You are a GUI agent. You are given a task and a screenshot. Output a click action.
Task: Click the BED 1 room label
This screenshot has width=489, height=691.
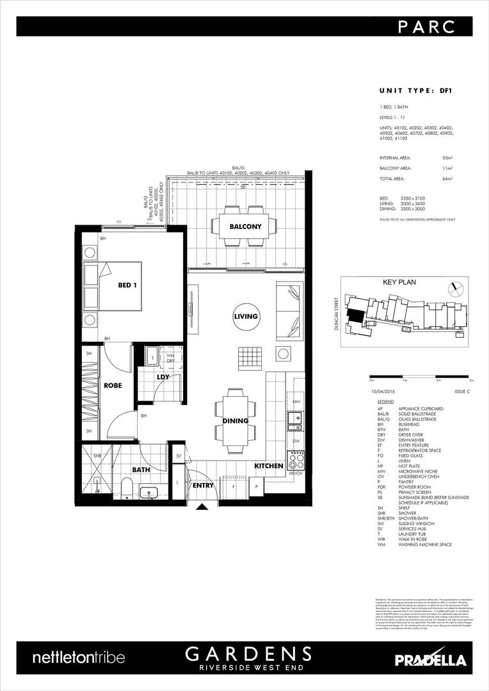click(x=127, y=285)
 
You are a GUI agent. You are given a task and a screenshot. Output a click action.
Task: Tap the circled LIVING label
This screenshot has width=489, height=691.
click(x=246, y=316)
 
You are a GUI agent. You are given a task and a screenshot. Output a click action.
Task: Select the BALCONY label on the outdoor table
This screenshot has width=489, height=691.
click(x=246, y=226)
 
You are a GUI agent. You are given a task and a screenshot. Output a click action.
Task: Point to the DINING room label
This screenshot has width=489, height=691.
click(x=236, y=421)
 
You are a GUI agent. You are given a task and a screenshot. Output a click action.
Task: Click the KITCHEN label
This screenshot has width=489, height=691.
click(x=269, y=466)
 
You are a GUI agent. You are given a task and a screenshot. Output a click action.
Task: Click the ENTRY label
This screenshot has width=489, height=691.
click(x=202, y=486)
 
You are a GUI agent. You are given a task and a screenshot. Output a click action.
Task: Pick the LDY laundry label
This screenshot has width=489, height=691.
click(x=163, y=377)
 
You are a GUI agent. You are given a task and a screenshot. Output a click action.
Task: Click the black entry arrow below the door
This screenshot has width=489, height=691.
click(x=203, y=507)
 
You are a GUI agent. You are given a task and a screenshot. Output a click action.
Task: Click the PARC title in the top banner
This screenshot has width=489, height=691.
click(x=427, y=27)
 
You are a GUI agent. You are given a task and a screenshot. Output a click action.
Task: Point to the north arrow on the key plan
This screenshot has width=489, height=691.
click(x=455, y=288)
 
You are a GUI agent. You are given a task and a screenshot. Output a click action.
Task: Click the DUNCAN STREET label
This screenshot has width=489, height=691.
click(x=336, y=316)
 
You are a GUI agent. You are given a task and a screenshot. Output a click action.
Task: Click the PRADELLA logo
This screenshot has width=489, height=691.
click(x=430, y=660)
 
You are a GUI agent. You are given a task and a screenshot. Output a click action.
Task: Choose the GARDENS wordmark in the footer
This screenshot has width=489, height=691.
click(x=249, y=653)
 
